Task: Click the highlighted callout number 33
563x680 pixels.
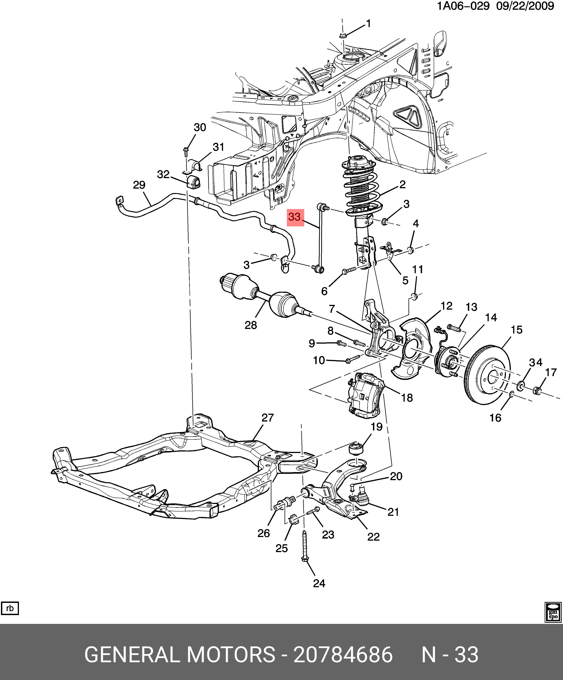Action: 295,217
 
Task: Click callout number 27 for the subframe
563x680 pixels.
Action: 268,418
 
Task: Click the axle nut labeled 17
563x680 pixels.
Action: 537,391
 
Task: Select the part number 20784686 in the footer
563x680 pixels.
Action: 343,655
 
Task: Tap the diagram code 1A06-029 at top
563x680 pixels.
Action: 463,6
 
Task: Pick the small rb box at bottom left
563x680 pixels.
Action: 10,608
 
